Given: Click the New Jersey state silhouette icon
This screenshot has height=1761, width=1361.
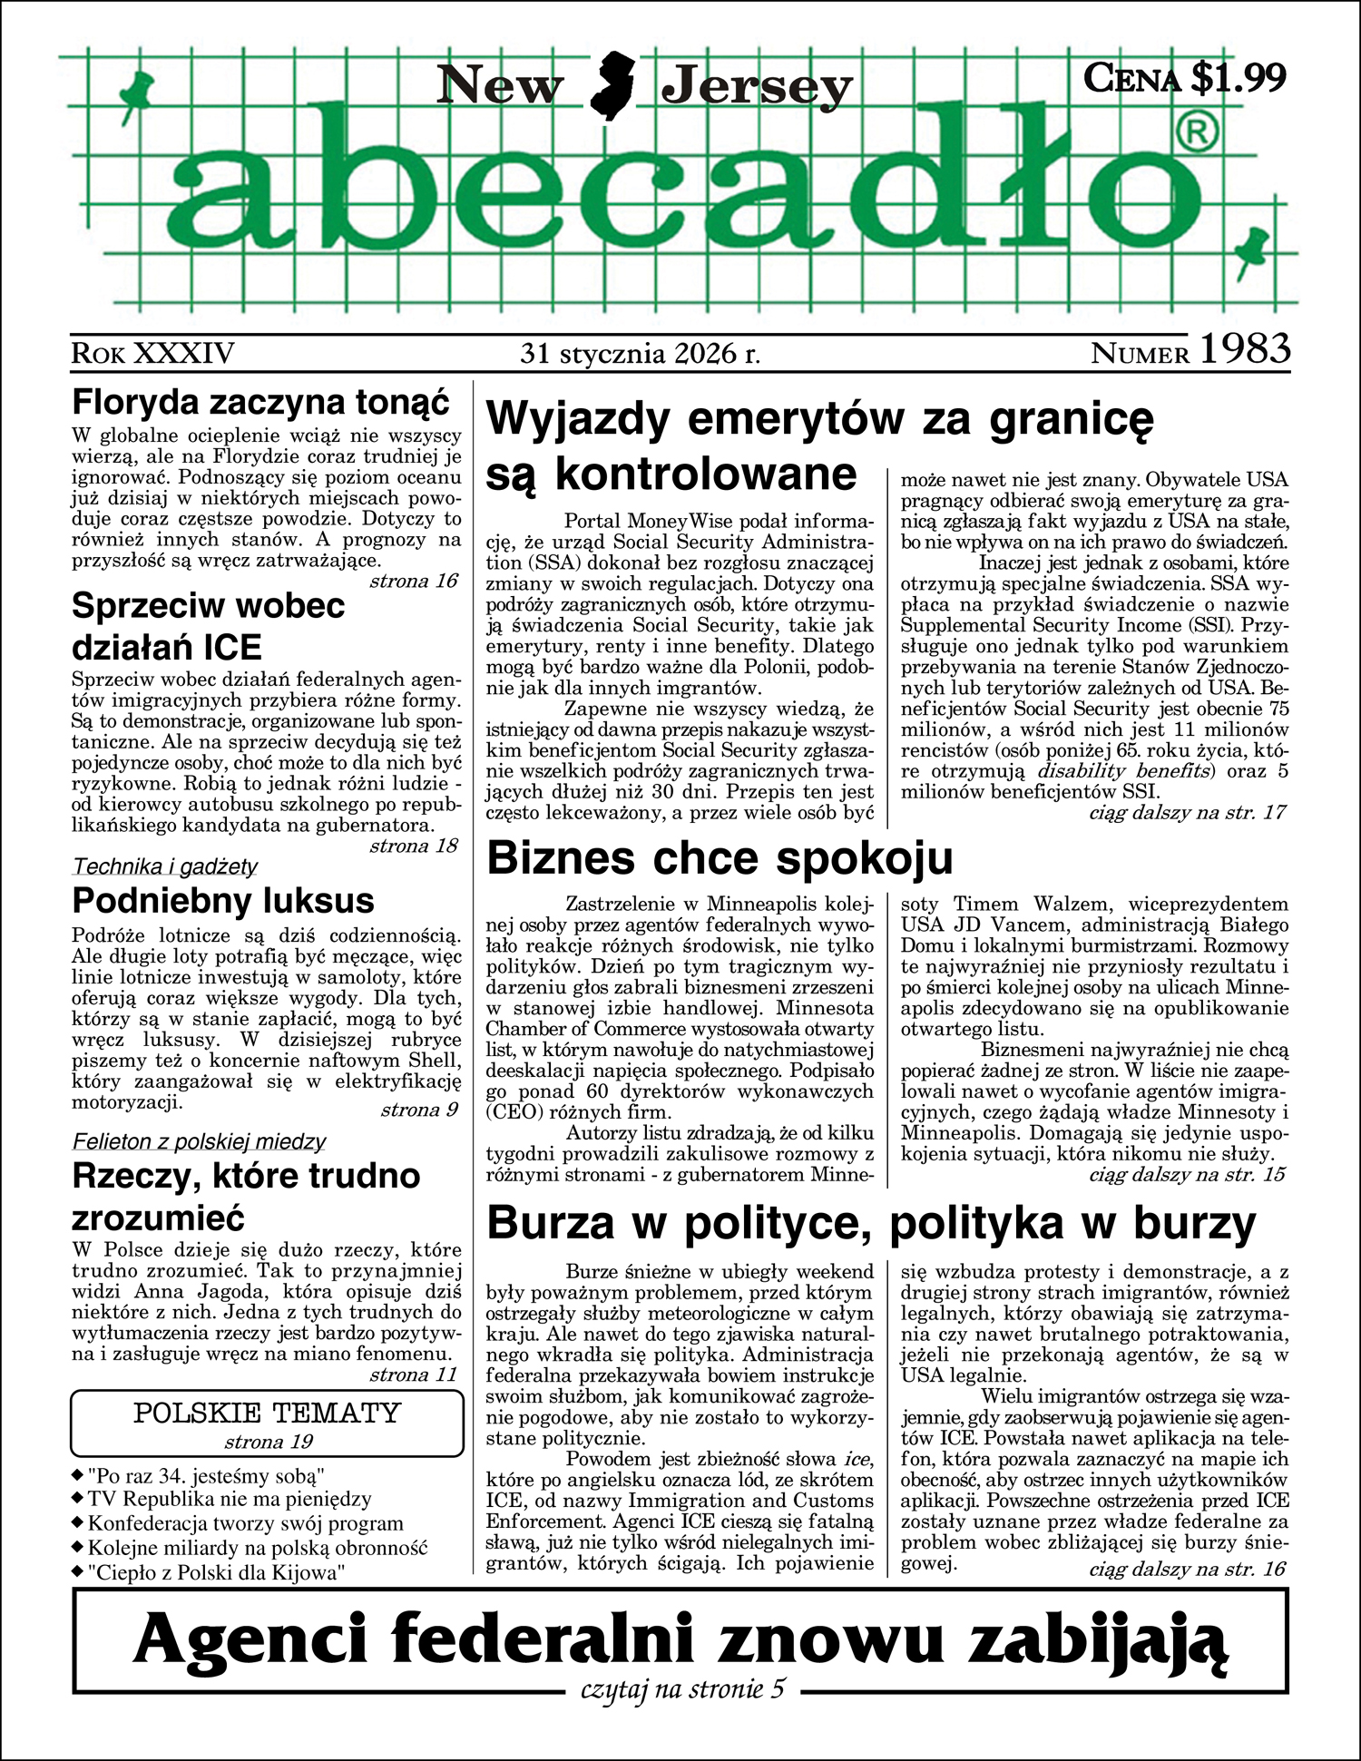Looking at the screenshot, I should click(612, 86).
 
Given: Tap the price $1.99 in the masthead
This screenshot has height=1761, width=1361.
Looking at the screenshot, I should click(1238, 78).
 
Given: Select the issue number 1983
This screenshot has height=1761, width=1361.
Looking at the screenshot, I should click(1245, 350).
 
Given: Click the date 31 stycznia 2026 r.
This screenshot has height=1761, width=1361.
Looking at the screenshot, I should click(640, 353).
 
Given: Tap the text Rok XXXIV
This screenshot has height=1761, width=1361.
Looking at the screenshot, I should click(152, 353).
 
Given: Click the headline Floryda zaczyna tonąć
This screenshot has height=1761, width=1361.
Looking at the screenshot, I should click(260, 401).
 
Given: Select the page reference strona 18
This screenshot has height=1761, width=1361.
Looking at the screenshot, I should click(414, 846).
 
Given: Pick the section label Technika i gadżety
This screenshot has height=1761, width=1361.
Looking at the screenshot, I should click(165, 866).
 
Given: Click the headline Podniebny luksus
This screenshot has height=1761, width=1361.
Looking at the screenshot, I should click(223, 901).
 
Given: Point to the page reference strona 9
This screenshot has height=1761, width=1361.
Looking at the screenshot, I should click(419, 1110).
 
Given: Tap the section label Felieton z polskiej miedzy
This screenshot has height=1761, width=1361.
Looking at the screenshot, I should click(199, 1141).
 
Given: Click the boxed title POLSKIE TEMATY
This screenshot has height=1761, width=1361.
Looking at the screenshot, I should click(267, 1413).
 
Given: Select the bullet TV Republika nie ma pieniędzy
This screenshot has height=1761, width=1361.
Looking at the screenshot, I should click(230, 1499).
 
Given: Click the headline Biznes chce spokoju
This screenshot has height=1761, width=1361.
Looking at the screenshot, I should click(720, 858).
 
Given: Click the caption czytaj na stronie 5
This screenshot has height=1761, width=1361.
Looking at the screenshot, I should click(682, 1689).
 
